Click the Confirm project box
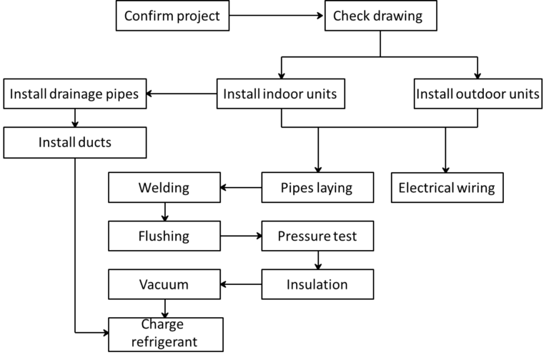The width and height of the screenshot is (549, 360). click(172, 16)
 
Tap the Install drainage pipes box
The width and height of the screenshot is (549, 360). click(75, 94)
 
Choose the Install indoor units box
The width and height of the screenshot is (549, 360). click(280, 94)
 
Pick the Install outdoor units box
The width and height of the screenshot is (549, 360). click(478, 94)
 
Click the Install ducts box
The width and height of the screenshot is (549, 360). click(75, 143)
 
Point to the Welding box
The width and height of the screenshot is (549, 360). click(164, 188)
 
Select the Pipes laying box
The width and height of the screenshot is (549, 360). click(317, 188)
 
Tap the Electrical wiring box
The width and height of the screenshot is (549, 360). click(447, 188)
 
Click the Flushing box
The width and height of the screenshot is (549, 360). click(164, 236)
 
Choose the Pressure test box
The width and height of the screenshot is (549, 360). click(317, 236)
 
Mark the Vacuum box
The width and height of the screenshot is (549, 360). click(164, 284)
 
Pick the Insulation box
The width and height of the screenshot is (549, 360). click(317, 284)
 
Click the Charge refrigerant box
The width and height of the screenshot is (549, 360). click(165, 334)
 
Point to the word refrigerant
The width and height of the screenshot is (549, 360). click(164, 342)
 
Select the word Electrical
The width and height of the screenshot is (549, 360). click(426, 188)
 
